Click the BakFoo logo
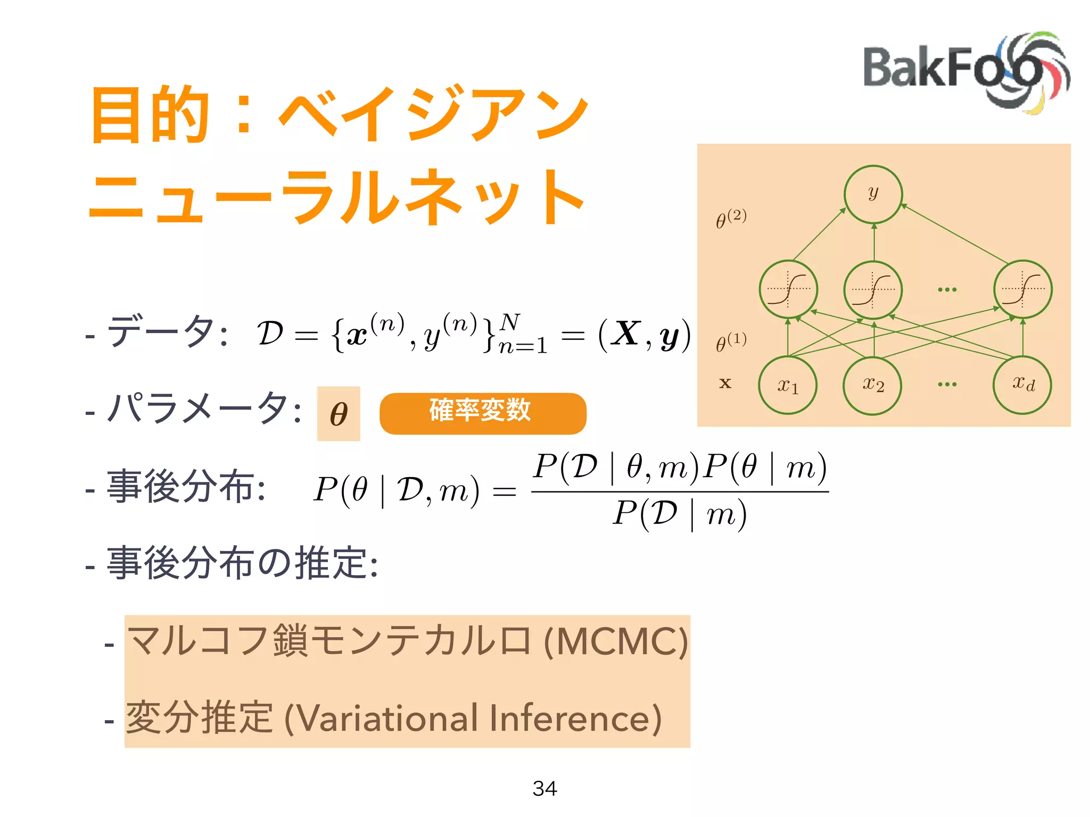(964, 72)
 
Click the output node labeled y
(873, 194)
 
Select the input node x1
(788, 385)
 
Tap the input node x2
(873, 385)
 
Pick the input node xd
(1022, 384)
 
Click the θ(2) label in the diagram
(731, 219)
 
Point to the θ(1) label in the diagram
(731, 342)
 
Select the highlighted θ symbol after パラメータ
(338, 414)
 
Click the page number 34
(544, 788)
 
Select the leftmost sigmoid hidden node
(788, 289)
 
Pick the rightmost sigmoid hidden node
(1022, 289)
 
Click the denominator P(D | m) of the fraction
(680, 514)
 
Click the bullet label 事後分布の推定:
(242, 563)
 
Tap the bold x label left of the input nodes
(725, 383)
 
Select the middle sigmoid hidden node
(873, 289)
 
